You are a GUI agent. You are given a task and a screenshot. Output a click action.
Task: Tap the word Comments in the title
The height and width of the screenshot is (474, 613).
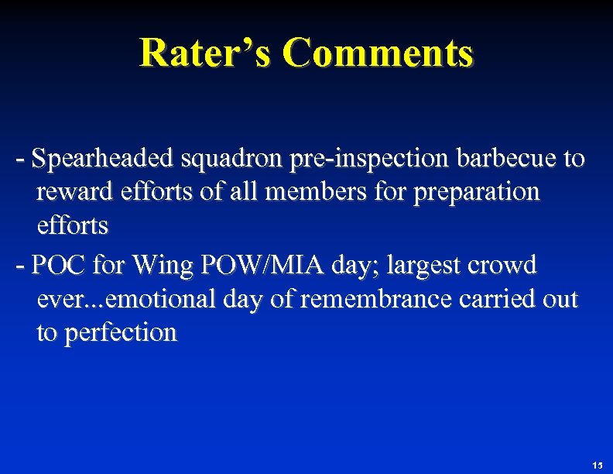(x=377, y=53)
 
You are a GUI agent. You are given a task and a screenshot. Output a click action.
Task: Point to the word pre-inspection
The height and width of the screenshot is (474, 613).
(x=372, y=160)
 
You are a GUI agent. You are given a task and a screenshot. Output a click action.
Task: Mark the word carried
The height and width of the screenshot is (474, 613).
(x=477, y=300)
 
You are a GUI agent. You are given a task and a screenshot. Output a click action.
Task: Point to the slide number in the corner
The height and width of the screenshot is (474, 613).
(x=596, y=465)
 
